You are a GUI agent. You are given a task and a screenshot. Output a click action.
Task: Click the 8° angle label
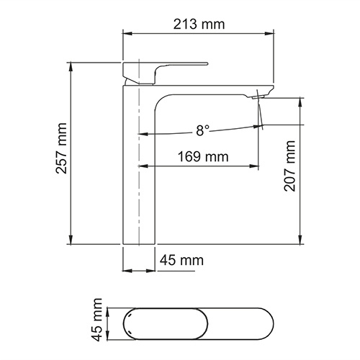[202, 130]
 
